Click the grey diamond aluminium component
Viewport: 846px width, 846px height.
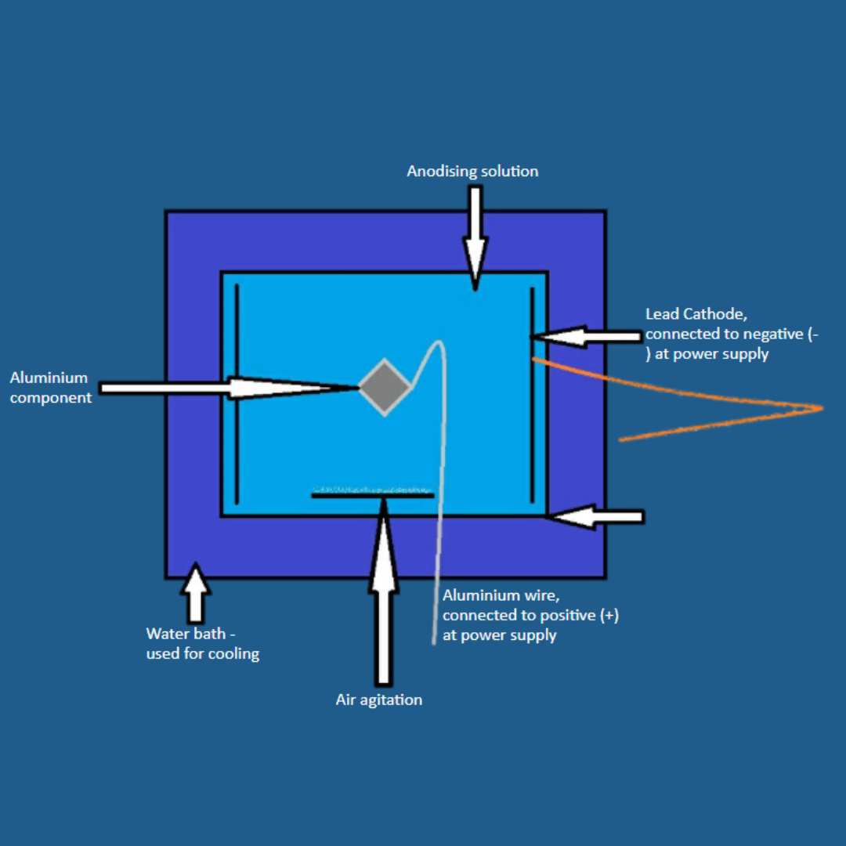click(385, 387)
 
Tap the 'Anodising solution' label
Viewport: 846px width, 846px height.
click(472, 171)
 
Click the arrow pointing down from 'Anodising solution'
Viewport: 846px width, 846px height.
click(474, 235)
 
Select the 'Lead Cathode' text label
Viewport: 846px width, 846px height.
click(696, 314)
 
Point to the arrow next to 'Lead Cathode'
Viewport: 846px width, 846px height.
click(587, 337)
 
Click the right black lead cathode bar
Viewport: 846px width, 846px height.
click(532, 395)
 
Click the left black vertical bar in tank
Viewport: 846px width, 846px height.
click(237, 395)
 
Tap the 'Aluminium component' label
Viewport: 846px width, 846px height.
click(50, 388)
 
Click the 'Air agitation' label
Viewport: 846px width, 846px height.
click(378, 700)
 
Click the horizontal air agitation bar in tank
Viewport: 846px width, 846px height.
click(372, 494)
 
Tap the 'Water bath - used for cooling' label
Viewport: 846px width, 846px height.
click(202, 643)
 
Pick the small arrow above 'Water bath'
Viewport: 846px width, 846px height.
click(195, 591)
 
